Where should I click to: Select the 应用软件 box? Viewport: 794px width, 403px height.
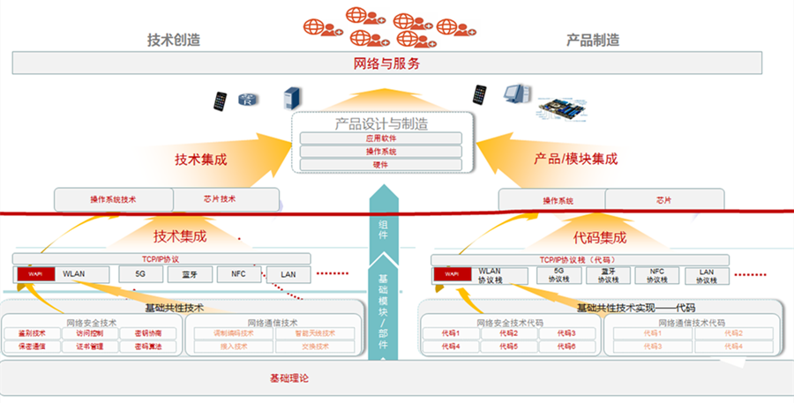point(380,138)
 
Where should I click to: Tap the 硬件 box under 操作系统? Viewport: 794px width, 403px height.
point(380,164)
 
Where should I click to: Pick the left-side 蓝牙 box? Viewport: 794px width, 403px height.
point(190,274)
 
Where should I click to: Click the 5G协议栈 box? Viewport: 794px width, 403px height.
point(558,275)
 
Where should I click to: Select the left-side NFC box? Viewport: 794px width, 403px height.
point(238,274)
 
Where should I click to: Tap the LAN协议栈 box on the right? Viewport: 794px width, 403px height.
point(706,275)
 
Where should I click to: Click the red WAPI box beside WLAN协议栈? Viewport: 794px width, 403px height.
point(452,275)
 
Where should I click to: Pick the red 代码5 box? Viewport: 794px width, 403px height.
point(508,347)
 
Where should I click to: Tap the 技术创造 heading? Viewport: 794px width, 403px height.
point(173,40)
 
